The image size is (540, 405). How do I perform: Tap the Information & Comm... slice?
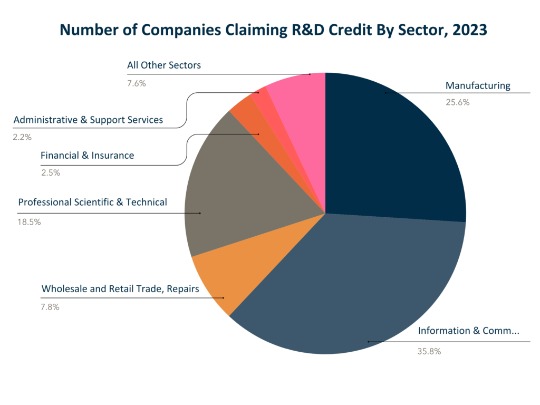click(348, 285)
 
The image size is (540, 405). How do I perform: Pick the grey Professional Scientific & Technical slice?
click(237, 195)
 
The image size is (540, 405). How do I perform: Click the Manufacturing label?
click(478, 85)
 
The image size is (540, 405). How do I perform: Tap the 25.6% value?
click(457, 102)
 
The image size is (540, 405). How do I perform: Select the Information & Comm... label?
click(468, 331)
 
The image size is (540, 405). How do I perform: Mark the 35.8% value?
click(429, 351)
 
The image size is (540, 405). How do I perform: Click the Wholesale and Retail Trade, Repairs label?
click(120, 288)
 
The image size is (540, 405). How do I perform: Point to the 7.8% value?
click(50, 307)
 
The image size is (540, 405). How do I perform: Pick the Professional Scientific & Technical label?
click(92, 202)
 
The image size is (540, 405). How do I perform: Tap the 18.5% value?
click(29, 222)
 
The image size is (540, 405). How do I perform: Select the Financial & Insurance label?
click(87, 156)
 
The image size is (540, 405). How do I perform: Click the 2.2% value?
click(22, 137)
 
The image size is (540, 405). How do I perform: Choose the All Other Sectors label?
click(163, 65)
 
